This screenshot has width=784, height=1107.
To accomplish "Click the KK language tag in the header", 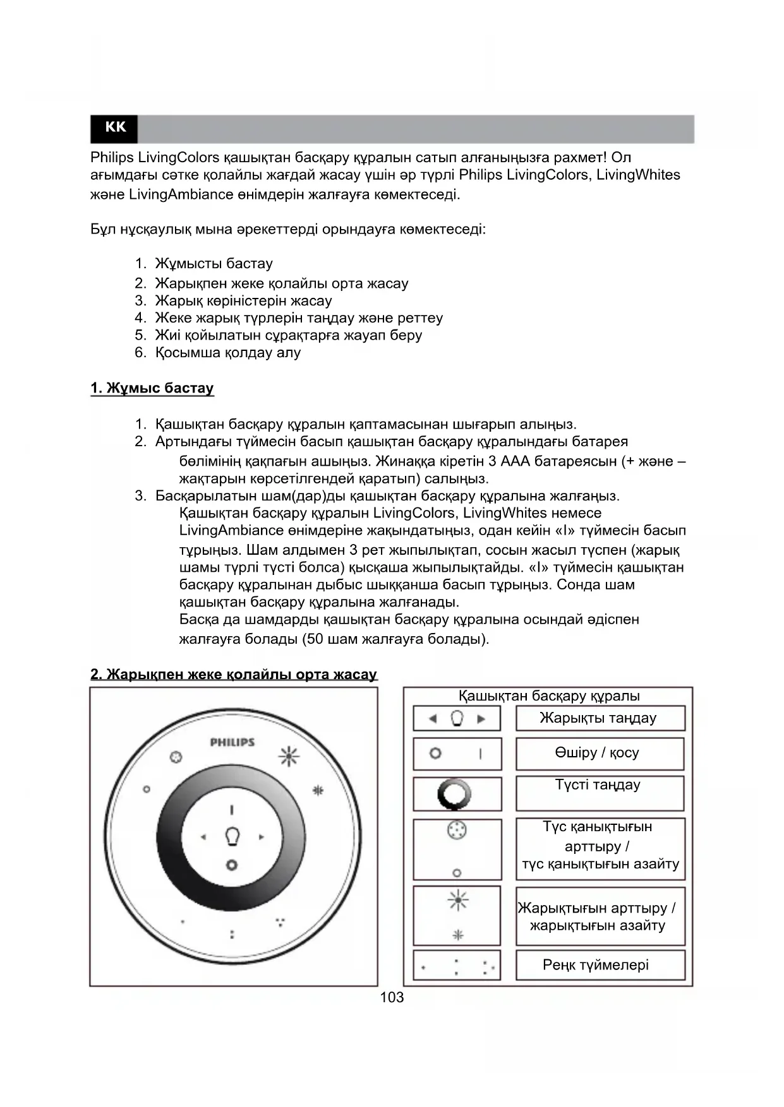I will coord(115,127).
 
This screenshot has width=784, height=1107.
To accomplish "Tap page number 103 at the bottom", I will coord(392,997).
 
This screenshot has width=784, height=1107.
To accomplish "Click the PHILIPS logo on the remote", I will coord(232,742).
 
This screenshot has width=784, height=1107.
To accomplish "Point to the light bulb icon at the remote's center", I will coord(232,837).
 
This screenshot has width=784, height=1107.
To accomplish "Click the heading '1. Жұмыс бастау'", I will coord(152,388).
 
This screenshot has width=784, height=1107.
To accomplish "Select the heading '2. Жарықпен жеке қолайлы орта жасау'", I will coord(234,674).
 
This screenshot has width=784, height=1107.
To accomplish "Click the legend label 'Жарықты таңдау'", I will coord(598,718).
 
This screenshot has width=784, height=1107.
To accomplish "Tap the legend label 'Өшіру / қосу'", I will coord(597,753).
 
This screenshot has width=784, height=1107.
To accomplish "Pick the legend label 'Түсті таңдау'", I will coord(598,785).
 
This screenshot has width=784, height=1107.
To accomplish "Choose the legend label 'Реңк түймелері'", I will coord(596,965).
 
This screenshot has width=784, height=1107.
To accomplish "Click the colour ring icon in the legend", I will coord(454,794).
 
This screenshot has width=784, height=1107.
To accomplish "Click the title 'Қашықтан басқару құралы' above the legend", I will coord(549,696).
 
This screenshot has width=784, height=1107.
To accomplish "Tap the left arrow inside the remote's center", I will coord(203,838).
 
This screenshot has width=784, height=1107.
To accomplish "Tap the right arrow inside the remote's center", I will coord(261,838).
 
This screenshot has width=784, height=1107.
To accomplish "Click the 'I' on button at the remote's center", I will coord(232,810).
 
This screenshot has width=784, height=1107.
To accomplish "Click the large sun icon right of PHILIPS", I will coord(289,755).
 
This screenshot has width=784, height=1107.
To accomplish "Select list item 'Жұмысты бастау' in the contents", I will coord(214,264).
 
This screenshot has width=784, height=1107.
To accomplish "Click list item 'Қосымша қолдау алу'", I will coord(227,353).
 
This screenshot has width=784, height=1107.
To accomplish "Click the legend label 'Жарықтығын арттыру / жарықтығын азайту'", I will coord(597,917).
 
